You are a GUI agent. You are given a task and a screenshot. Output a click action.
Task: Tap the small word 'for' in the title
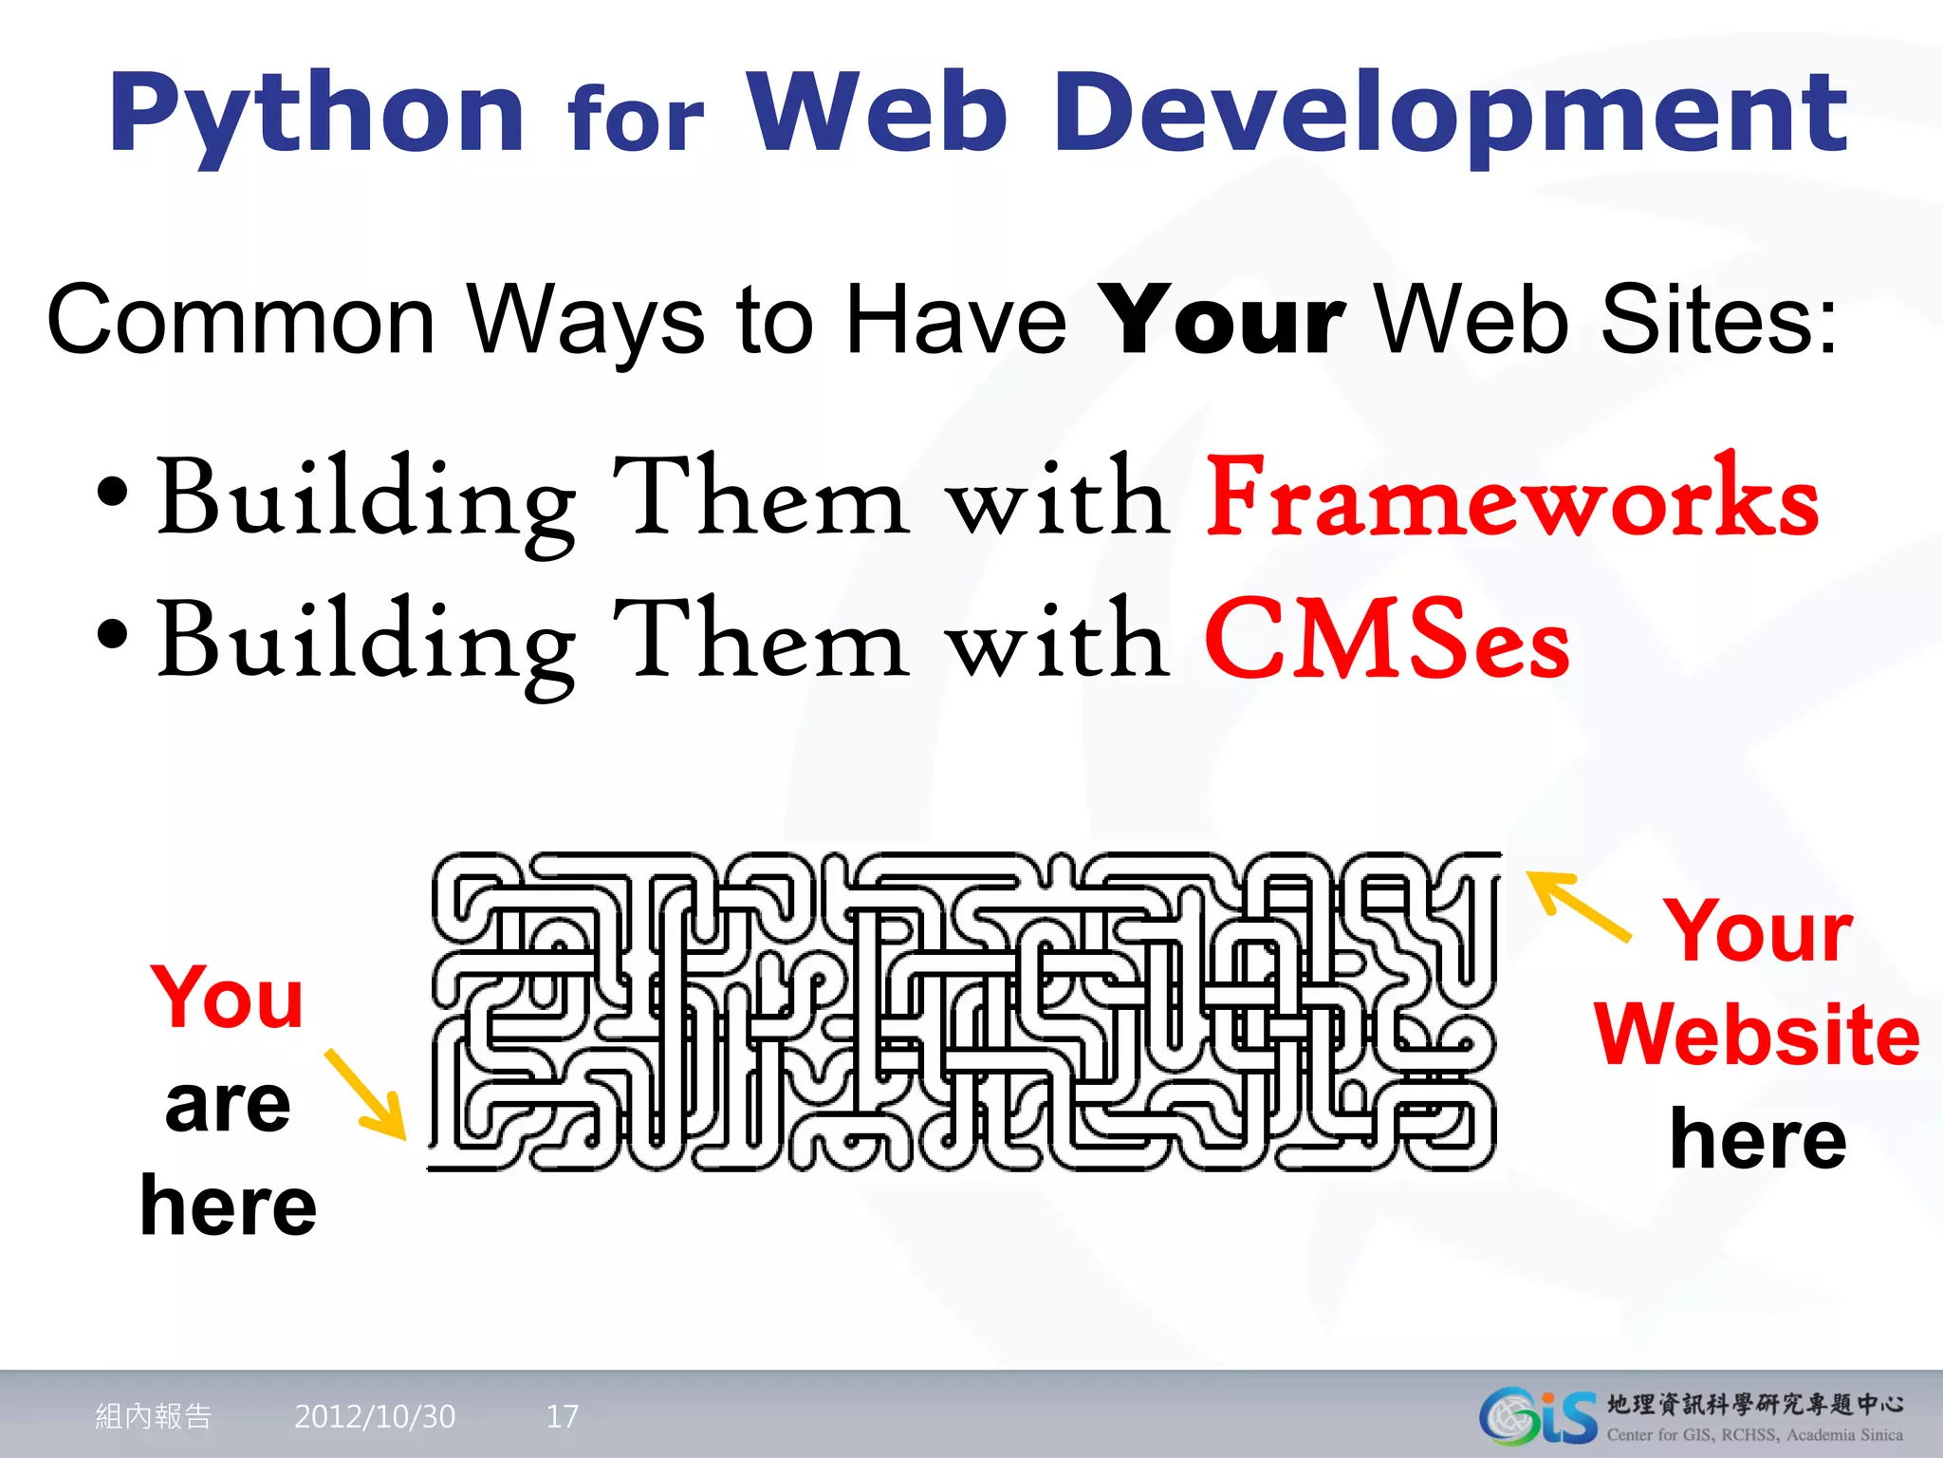636,121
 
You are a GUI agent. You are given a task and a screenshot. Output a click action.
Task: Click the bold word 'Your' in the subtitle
1225,321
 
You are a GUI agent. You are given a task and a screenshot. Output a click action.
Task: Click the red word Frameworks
1512,499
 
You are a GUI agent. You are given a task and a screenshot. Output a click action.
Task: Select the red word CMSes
1387,642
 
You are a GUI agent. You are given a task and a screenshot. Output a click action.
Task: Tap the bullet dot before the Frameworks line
112,494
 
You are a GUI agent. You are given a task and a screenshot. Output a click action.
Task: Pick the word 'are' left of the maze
228,1105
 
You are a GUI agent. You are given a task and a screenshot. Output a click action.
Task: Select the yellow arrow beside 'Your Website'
1578,906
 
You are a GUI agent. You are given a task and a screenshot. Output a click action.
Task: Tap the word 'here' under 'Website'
1758,1139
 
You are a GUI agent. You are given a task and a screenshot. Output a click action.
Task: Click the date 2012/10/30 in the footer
375,1416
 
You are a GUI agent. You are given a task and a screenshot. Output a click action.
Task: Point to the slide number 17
562,1416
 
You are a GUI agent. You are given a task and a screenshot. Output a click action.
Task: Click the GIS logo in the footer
1538,1416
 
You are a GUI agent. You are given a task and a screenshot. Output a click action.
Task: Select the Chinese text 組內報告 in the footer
154,1416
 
